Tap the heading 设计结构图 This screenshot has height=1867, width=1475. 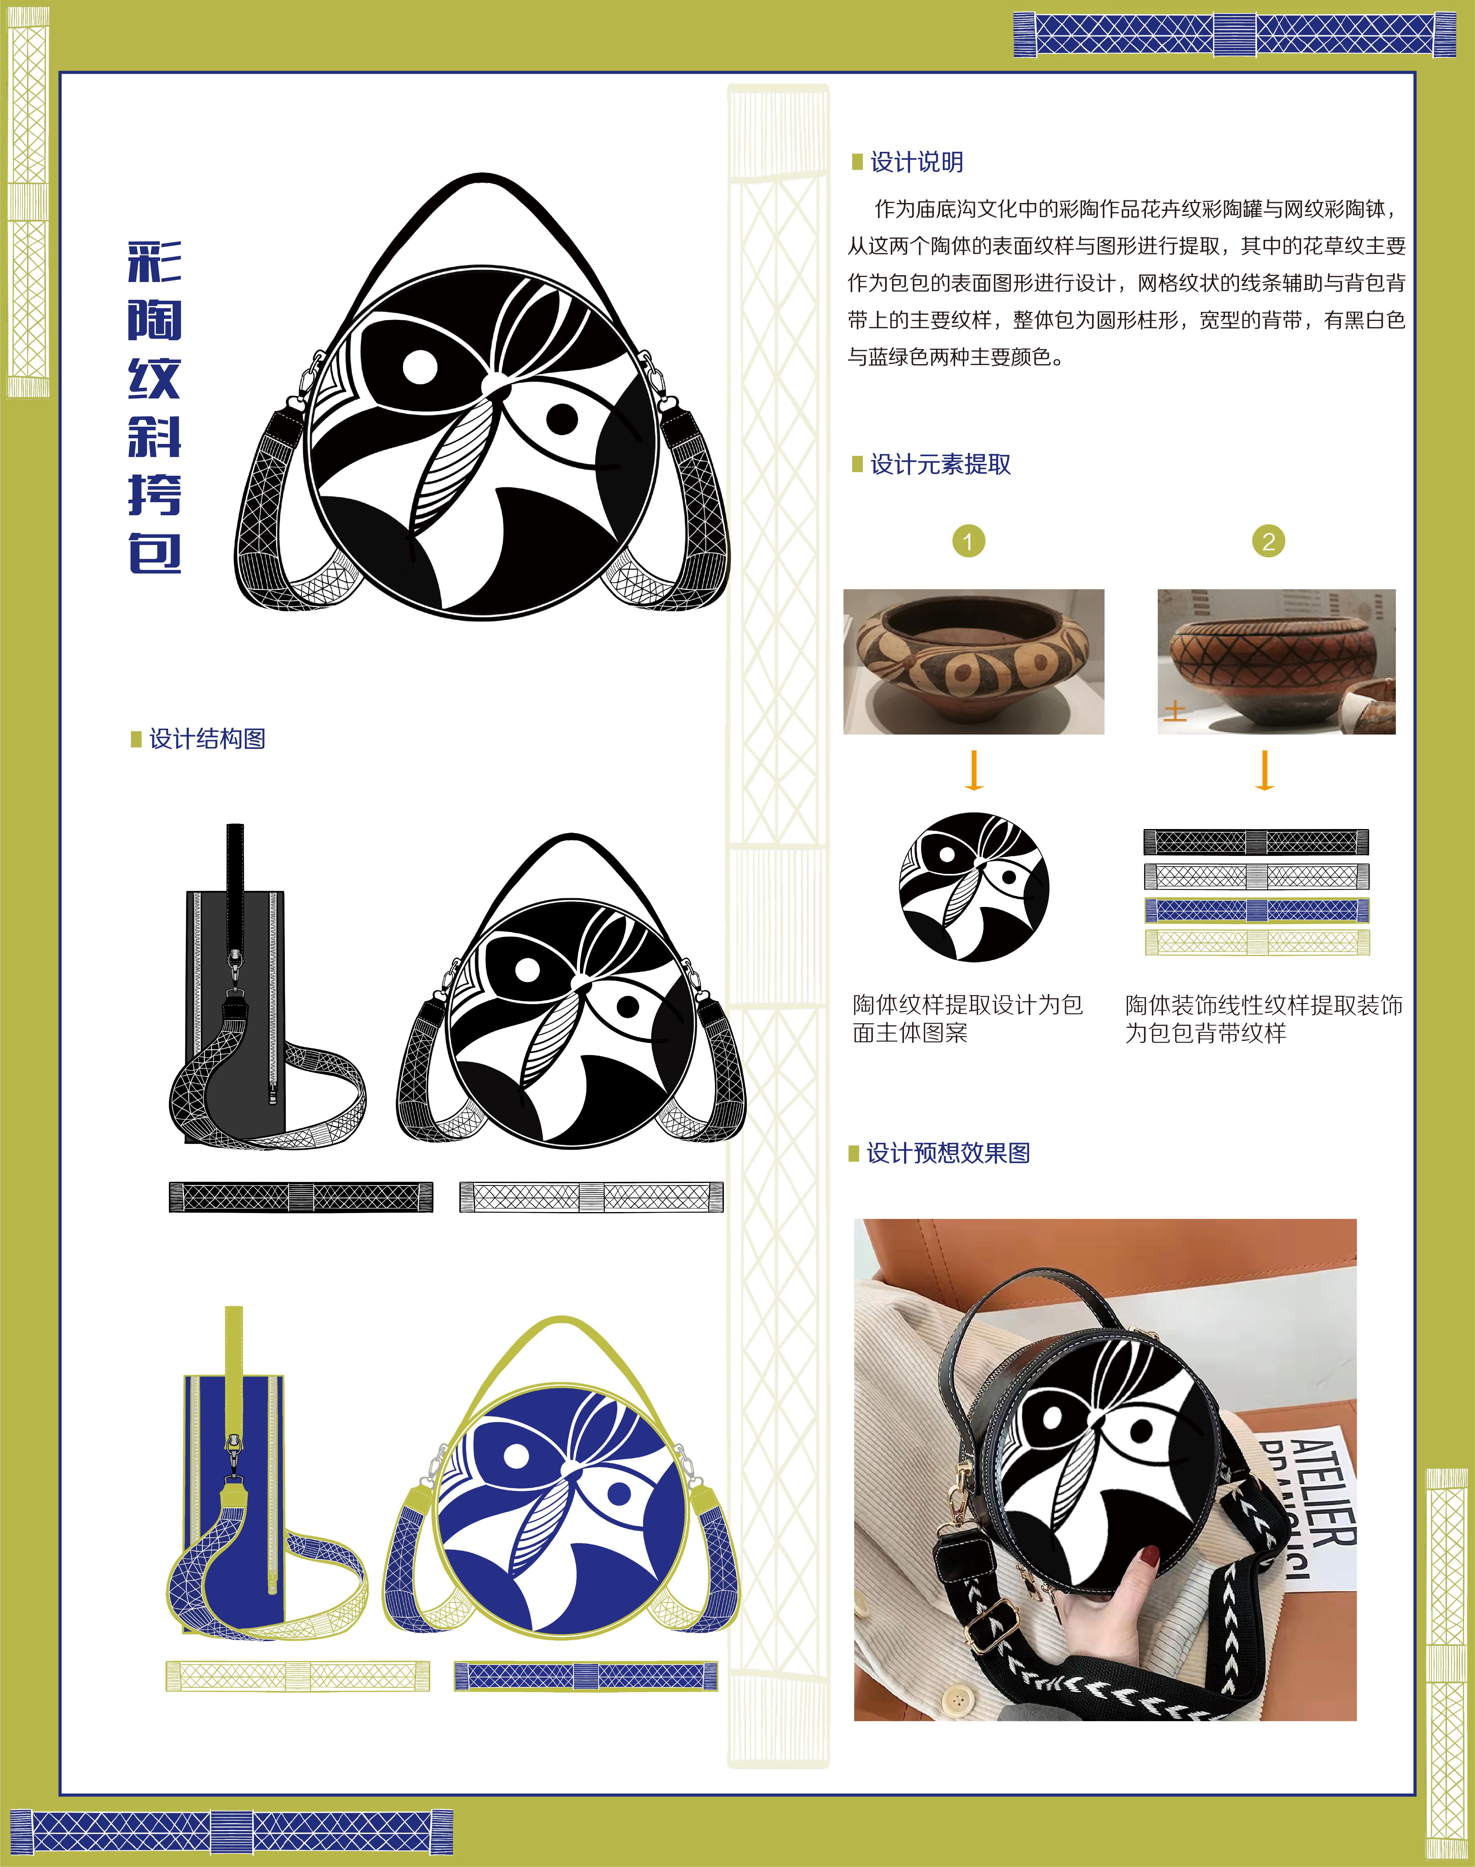[x=207, y=739]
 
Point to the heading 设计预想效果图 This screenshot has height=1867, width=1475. [x=948, y=1153]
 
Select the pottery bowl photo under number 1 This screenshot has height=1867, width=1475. [x=973, y=662]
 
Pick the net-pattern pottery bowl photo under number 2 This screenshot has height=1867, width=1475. [x=1276, y=662]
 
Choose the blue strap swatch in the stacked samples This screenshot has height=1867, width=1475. [x=1256, y=910]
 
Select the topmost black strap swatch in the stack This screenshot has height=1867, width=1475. [x=1256, y=842]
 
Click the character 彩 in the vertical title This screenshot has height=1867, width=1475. [x=155, y=262]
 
